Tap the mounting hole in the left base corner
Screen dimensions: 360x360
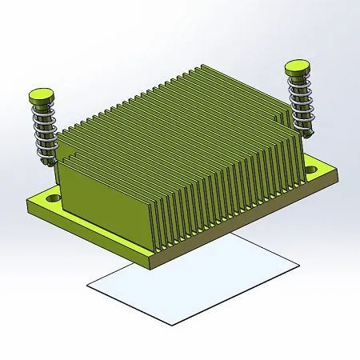(53, 195)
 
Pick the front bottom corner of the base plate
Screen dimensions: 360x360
(153, 264)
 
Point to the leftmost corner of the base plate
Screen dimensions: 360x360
(27, 200)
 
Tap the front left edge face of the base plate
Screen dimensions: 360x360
(88, 234)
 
